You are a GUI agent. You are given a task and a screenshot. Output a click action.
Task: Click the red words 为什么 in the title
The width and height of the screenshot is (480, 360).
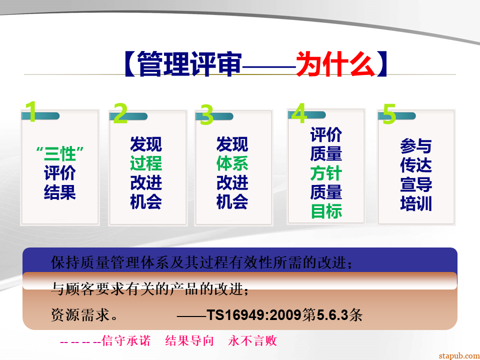pyautogui.click(x=336, y=64)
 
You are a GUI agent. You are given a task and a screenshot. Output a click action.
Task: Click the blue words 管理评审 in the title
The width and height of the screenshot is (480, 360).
pyautogui.click(x=189, y=64)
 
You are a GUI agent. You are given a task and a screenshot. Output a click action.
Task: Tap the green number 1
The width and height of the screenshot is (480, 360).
pyautogui.click(x=31, y=111)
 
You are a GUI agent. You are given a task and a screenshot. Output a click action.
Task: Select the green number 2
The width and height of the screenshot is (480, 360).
pyautogui.click(x=120, y=113)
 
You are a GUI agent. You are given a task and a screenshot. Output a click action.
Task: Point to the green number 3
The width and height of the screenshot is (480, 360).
pyautogui.click(x=206, y=114)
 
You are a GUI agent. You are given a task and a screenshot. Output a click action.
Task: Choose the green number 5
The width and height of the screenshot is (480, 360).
pyautogui.click(x=389, y=113)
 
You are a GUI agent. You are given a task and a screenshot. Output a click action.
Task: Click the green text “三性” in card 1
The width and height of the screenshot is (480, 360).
pyautogui.click(x=60, y=153)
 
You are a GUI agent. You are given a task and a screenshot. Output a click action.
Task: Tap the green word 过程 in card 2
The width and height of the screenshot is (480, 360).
pyautogui.click(x=146, y=163)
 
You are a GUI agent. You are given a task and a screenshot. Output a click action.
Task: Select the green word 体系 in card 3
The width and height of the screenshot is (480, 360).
pyautogui.click(x=232, y=163)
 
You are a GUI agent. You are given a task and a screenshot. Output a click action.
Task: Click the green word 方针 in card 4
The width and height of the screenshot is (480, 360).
pyautogui.click(x=326, y=173)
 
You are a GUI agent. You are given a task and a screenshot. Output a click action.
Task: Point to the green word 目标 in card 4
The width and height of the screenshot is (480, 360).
pyautogui.click(x=326, y=211)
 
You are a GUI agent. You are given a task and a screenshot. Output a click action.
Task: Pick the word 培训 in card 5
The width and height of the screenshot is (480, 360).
pyautogui.click(x=416, y=203)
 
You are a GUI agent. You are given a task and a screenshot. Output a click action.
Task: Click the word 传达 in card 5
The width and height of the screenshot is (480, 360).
pyautogui.click(x=416, y=165)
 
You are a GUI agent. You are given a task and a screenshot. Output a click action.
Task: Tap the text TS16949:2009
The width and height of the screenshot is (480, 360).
pyautogui.click(x=254, y=314)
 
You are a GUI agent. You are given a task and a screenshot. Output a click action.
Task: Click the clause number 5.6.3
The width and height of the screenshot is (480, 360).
pyautogui.click(x=332, y=314)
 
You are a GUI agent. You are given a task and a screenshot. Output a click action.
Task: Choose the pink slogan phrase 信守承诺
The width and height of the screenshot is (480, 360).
pyautogui.click(x=126, y=340)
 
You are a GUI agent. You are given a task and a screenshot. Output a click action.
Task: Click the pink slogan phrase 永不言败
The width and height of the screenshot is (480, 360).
pyautogui.click(x=252, y=340)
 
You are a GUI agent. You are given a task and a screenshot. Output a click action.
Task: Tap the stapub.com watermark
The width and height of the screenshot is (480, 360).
pyautogui.click(x=459, y=356)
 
